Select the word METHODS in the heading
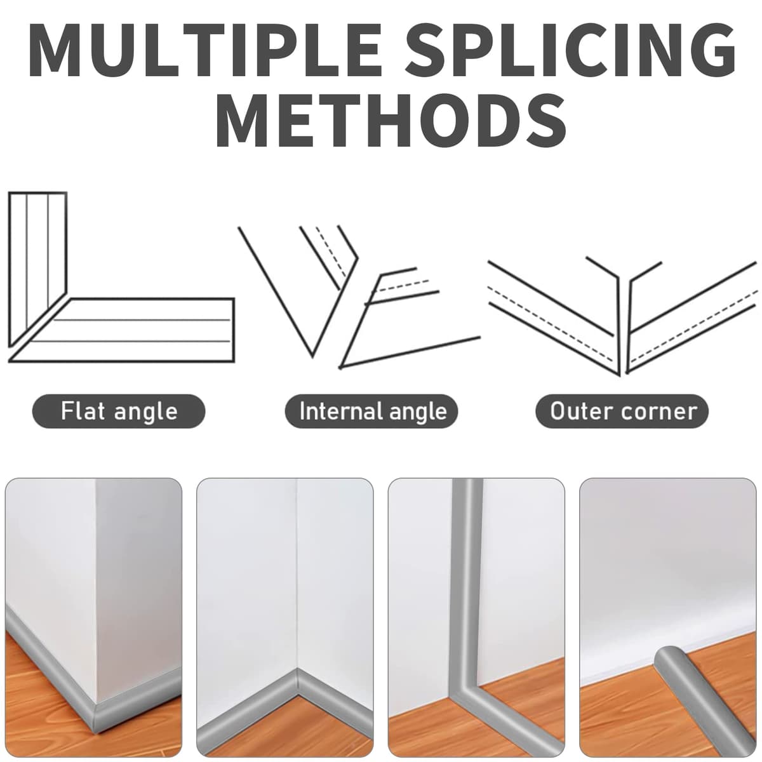391,119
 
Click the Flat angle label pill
119,411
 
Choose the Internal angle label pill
371,411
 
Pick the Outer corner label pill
622,411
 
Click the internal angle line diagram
359,297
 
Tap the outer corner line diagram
622,316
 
